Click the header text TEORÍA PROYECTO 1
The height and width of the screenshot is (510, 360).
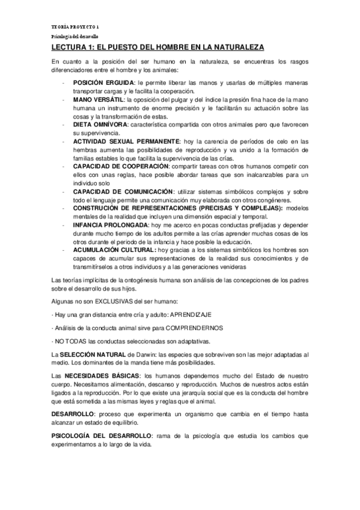click(69, 28)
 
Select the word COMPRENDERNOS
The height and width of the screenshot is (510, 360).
click(189, 328)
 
